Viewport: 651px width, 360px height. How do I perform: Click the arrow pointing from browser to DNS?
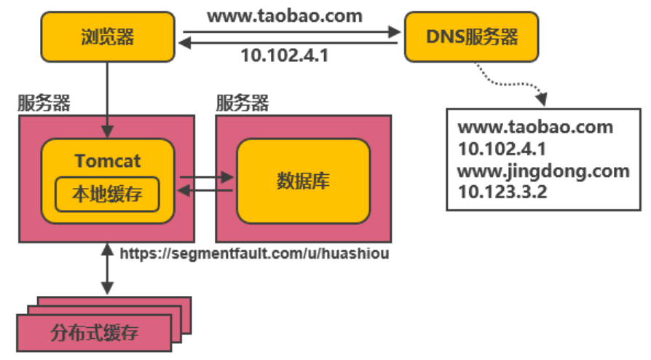[x=291, y=31]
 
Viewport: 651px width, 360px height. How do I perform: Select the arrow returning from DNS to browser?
[x=291, y=44]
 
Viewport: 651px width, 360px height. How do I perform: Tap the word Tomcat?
[x=108, y=160]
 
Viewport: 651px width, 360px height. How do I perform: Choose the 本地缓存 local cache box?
[x=108, y=194]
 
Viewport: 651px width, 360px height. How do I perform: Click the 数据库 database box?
[x=303, y=180]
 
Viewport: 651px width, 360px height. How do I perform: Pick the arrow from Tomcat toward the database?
[x=206, y=176]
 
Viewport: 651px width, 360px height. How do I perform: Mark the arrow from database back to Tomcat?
[x=206, y=191]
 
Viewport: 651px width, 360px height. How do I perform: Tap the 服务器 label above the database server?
[x=242, y=103]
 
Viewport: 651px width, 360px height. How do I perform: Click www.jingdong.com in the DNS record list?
[x=543, y=171]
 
